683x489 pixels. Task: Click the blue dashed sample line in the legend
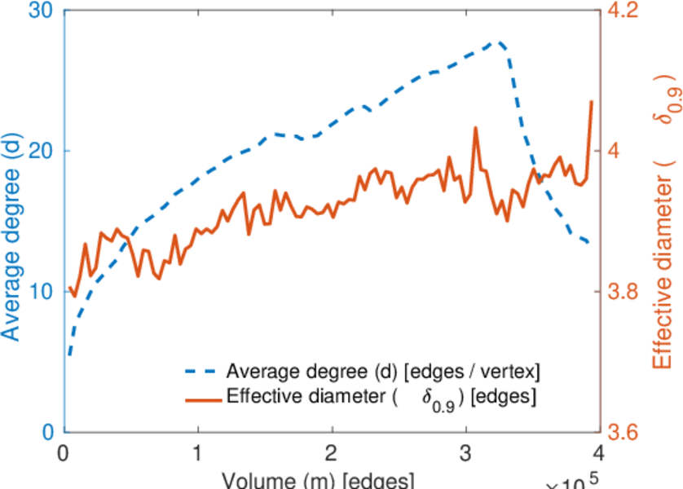[201, 372]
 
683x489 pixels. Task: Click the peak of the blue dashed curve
[497, 42]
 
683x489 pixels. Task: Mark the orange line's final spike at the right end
[591, 102]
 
